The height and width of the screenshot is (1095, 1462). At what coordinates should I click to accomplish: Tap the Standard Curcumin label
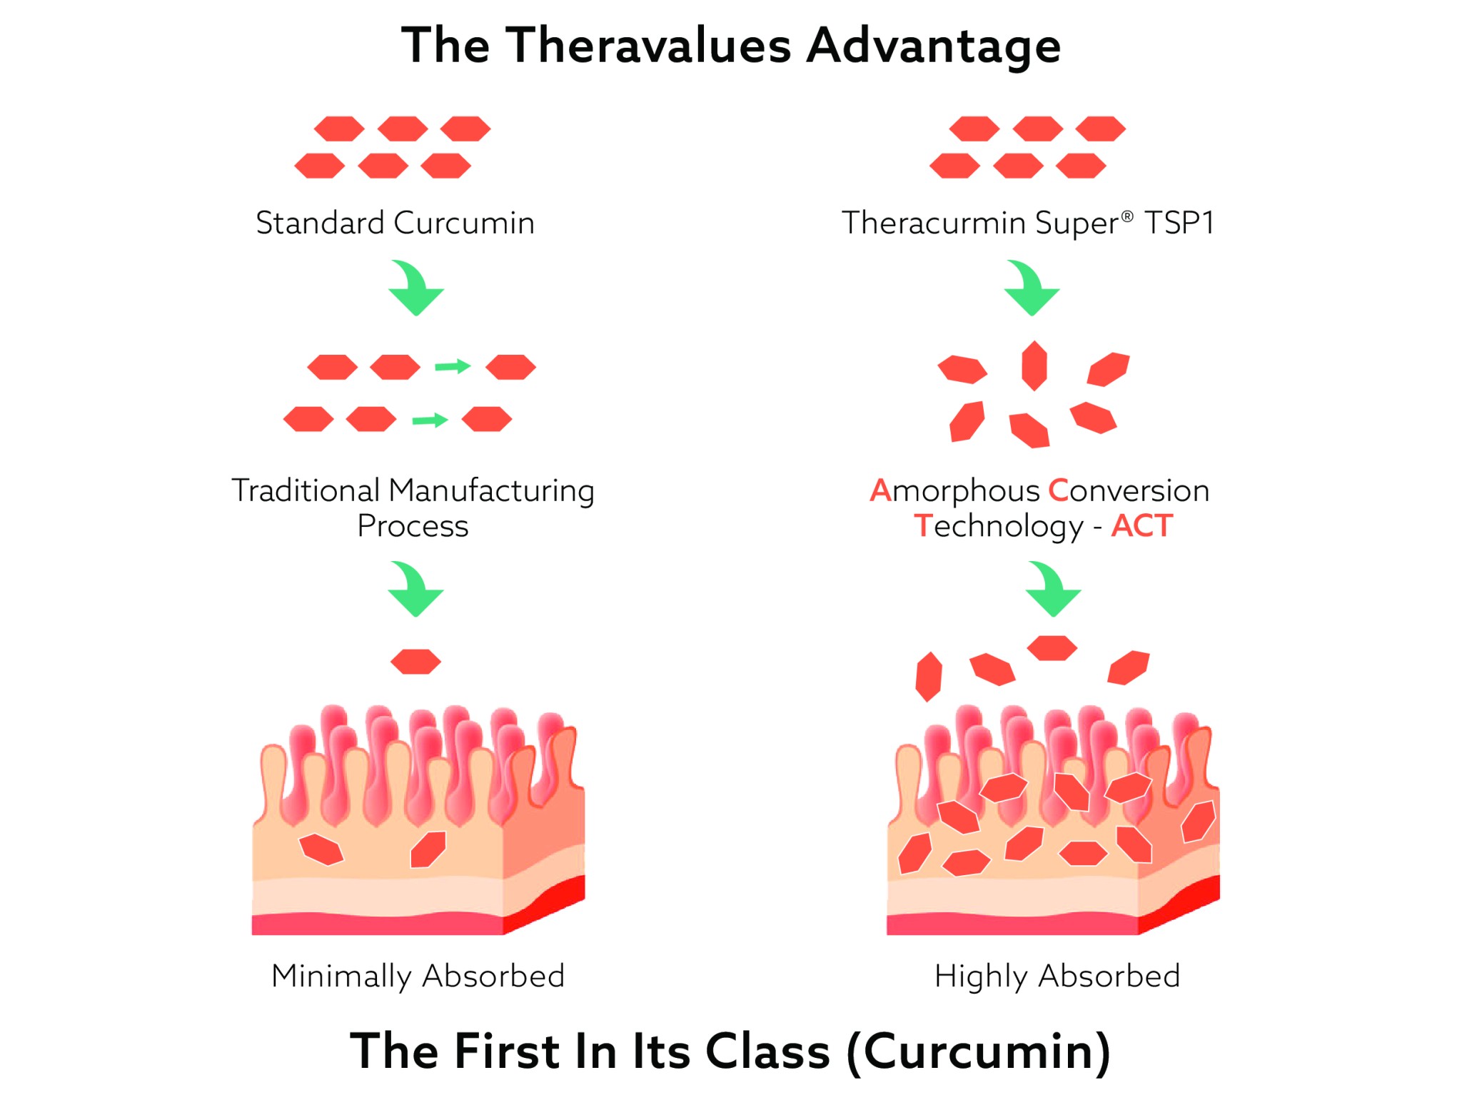coord(395,223)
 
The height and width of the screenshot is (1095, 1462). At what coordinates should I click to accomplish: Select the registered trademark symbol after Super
coord(1126,216)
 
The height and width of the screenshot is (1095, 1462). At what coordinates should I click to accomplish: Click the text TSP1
coord(1179,223)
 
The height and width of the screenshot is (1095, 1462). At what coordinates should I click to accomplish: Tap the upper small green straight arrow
coord(453,367)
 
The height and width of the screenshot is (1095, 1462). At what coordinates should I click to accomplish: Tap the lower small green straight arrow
coord(430,420)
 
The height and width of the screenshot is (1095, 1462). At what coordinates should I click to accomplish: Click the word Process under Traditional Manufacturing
coord(413,526)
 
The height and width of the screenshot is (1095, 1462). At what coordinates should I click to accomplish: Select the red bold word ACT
coord(1141,526)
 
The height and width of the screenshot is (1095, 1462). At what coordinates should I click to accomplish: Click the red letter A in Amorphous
coord(880,490)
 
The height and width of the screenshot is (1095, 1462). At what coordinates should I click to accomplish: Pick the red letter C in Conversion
coord(1058,490)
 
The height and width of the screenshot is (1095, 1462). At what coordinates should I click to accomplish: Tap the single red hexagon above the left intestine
coord(415,662)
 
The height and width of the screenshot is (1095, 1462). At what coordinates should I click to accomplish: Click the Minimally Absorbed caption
coord(418,976)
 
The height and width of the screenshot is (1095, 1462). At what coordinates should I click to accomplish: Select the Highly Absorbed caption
coord(1057,976)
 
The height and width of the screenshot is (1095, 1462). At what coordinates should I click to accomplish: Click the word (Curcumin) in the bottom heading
coord(978,1052)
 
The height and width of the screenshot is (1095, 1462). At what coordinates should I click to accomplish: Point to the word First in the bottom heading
coord(507,1052)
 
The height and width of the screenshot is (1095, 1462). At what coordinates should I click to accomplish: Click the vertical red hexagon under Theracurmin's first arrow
coord(1034,365)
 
